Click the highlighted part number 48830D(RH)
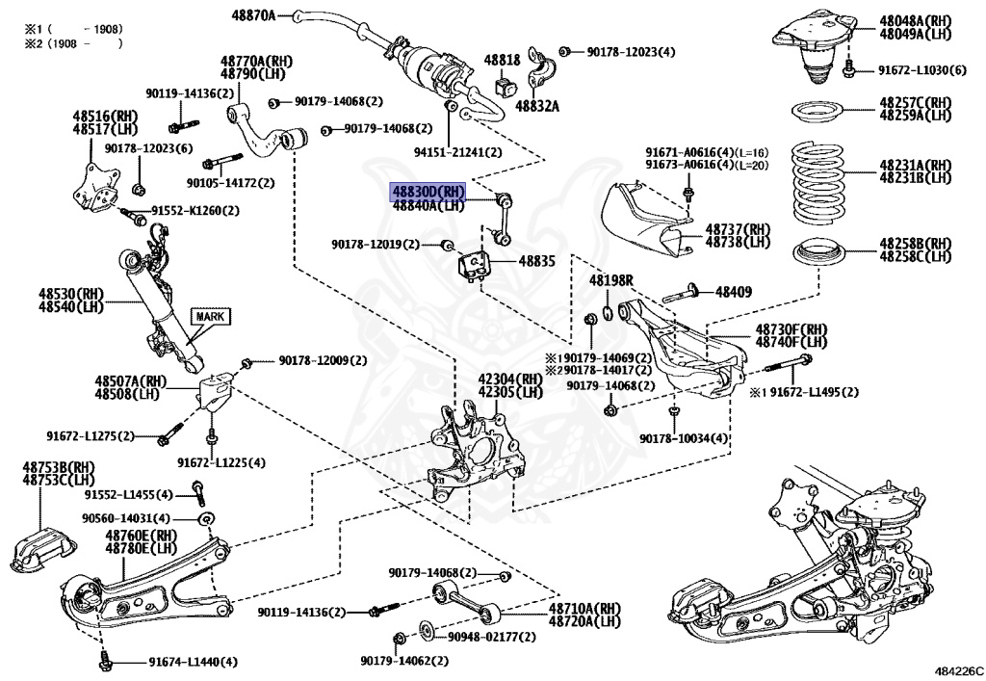428,192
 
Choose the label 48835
538,260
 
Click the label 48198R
611,279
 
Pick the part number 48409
734,290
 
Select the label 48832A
536,105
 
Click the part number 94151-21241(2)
458,152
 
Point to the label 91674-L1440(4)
193,662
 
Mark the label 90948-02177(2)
489,636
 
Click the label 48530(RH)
71,293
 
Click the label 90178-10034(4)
684,439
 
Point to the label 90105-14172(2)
231,182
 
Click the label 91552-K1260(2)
195,210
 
